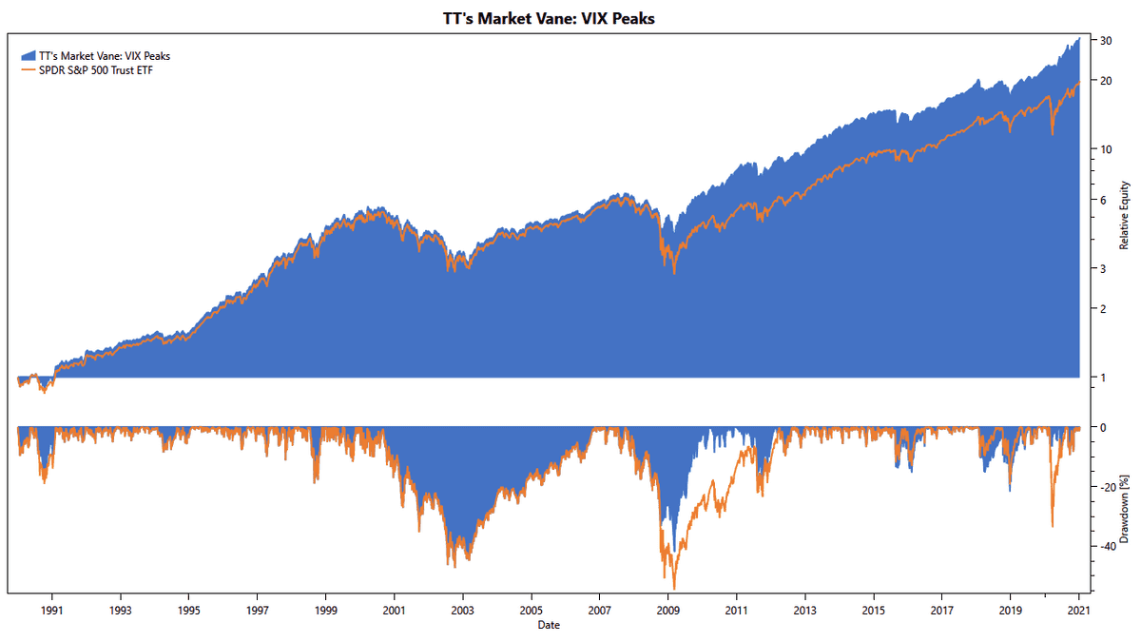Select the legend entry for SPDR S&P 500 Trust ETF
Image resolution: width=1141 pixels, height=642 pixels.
(x=95, y=70)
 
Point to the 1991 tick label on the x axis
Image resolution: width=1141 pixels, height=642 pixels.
(x=52, y=611)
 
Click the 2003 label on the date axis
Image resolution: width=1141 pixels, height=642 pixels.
(x=463, y=611)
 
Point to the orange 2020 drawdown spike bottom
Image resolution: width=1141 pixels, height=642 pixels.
(x=1052, y=526)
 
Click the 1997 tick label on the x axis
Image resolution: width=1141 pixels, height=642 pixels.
(x=258, y=611)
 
